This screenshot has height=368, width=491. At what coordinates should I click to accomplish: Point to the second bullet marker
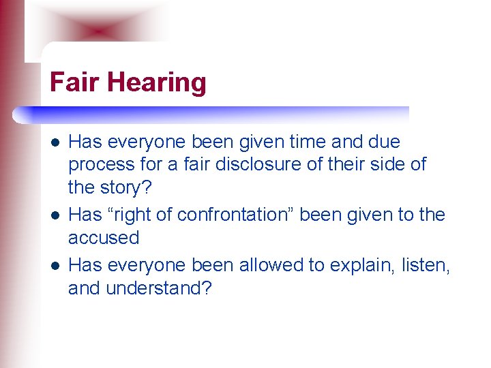54,215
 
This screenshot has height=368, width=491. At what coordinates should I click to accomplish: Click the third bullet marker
54,264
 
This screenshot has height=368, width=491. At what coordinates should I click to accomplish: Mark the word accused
103,238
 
